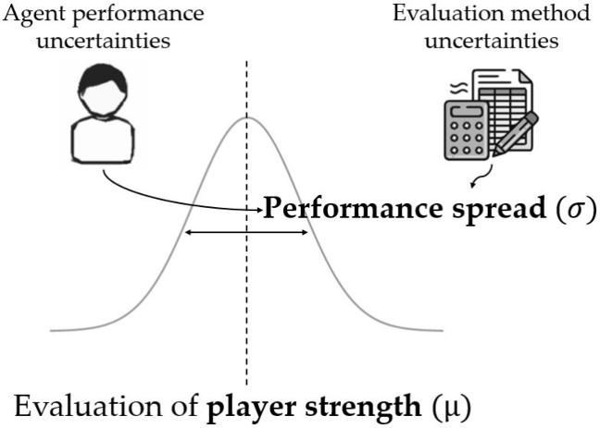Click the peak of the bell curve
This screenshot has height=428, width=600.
pyautogui.click(x=246, y=117)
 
